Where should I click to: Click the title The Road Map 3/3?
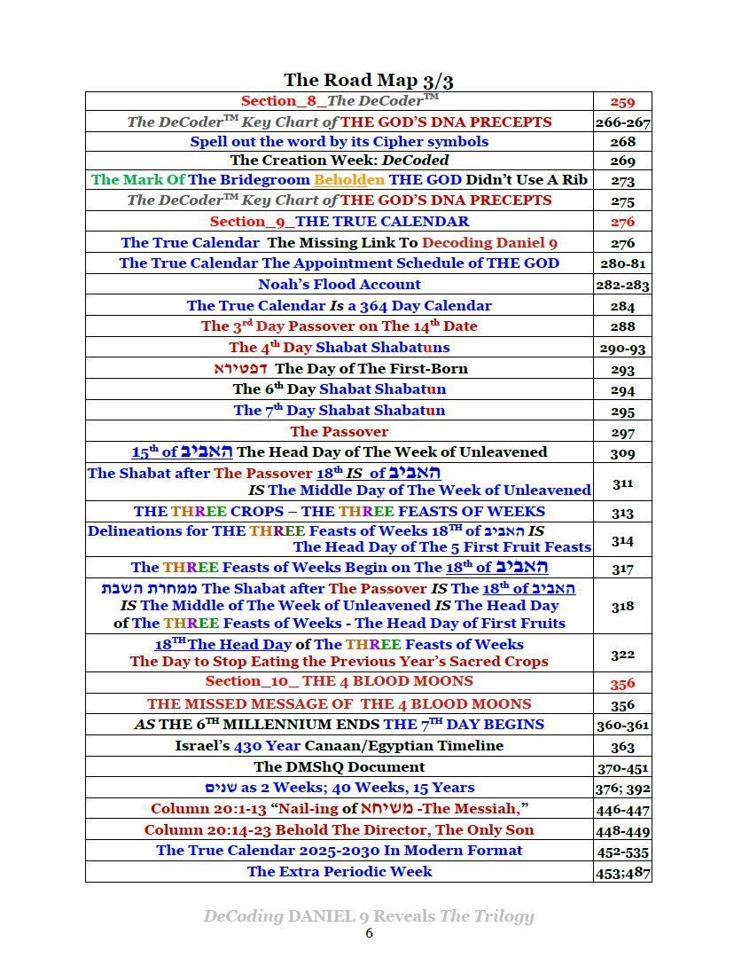click(369, 81)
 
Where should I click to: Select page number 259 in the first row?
click(622, 102)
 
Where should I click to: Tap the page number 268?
click(622, 142)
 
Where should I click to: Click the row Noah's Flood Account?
click(340, 285)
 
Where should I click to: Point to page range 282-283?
click(622, 286)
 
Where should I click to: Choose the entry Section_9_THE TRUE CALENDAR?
click(340, 222)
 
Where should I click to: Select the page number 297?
click(622, 433)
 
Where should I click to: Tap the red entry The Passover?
click(340, 432)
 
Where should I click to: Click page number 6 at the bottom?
click(369, 933)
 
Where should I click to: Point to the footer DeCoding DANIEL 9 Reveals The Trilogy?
click(369, 916)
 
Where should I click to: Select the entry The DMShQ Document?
click(340, 766)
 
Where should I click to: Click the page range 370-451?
click(622, 767)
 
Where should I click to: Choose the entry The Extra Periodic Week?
click(340, 871)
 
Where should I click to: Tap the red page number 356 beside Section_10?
click(622, 683)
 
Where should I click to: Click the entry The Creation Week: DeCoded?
click(340, 161)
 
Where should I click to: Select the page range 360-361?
click(622, 726)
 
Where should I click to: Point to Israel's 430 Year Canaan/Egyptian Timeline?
click(340, 746)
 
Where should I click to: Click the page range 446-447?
click(622, 810)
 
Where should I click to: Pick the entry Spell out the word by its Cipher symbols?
click(340, 142)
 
